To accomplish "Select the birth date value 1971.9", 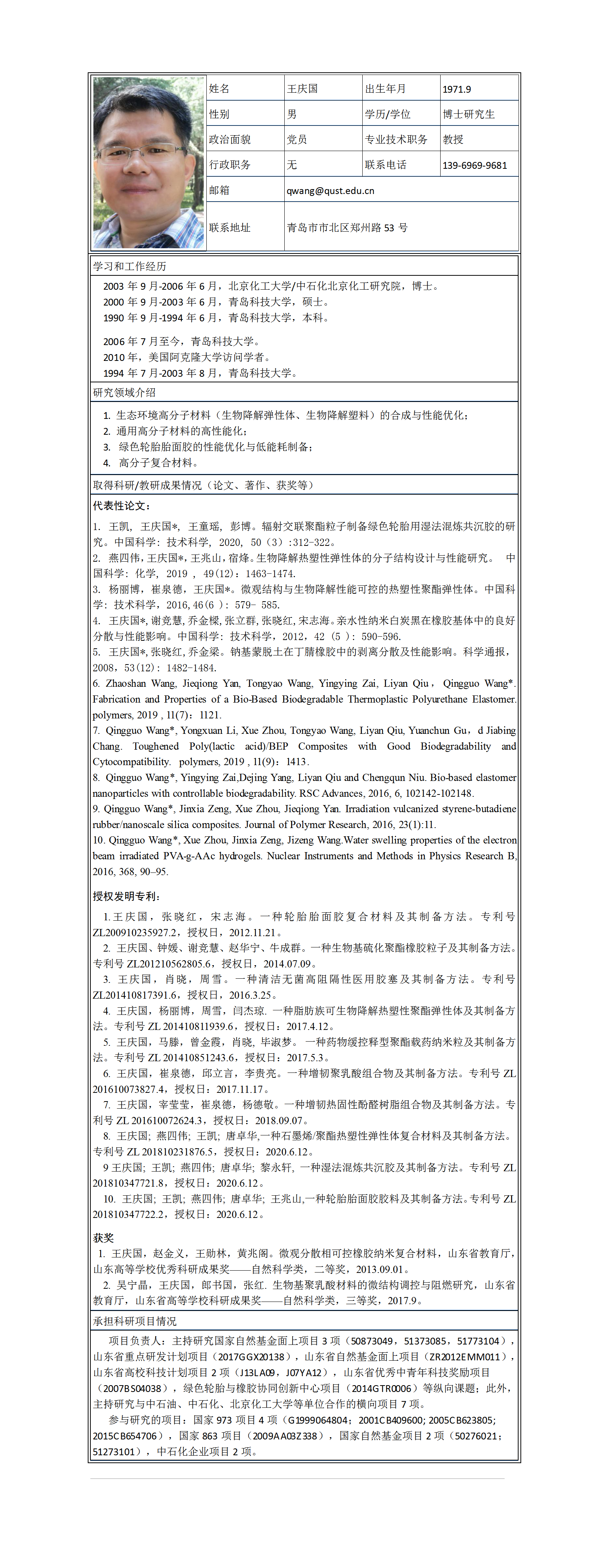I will [x=456, y=89].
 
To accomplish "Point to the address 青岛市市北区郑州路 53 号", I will [x=347, y=228].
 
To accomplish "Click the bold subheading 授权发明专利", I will [x=127, y=896].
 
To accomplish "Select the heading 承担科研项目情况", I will [x=134, y=1321].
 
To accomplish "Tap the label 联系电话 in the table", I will [x=385, y=165].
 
